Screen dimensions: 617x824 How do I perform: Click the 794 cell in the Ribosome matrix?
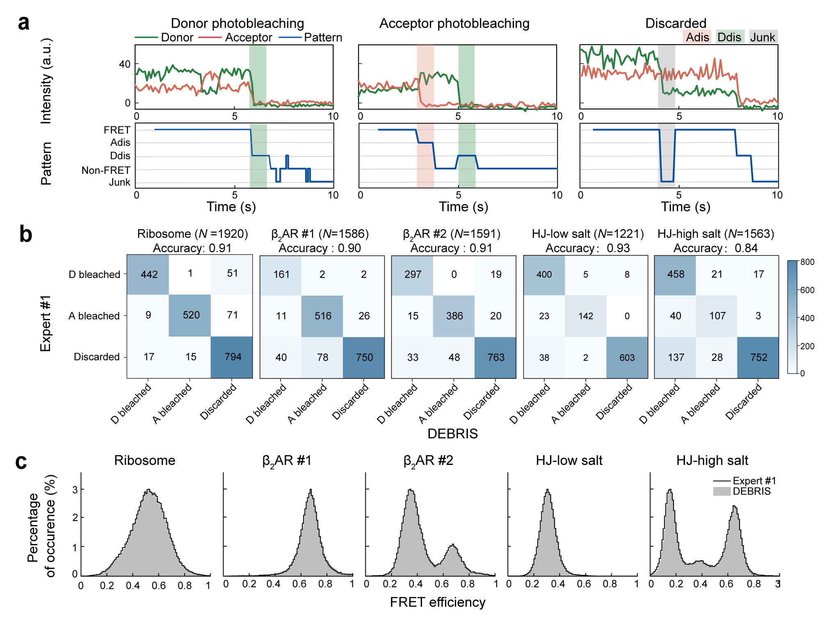point(233,357)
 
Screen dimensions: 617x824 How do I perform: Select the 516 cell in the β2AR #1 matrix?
point(323,316)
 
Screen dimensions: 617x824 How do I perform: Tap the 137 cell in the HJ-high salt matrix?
point(676,357)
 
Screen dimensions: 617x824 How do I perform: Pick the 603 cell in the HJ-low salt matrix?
point(627,357)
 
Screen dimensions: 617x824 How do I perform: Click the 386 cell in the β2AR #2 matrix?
point(454,316)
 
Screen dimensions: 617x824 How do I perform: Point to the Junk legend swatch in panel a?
point(763,37)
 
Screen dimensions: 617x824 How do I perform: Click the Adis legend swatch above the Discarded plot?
point(697,37)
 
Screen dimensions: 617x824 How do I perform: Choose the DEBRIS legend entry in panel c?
point(742,491)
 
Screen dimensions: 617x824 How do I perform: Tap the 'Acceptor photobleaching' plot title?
point(454,23)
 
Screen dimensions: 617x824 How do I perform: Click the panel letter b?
point(25,235)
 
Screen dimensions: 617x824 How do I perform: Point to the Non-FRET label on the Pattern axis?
point(106,170)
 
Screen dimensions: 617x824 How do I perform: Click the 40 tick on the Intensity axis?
point(125,64)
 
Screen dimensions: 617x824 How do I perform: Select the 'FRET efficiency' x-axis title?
point(437,602)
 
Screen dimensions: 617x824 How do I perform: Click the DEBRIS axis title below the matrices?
point(452,433)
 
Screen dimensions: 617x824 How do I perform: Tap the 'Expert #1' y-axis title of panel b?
point(46,323)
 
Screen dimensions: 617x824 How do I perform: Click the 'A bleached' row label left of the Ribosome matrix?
point(94,316)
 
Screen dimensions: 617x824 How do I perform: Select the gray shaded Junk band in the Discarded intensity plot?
point(666,77)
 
